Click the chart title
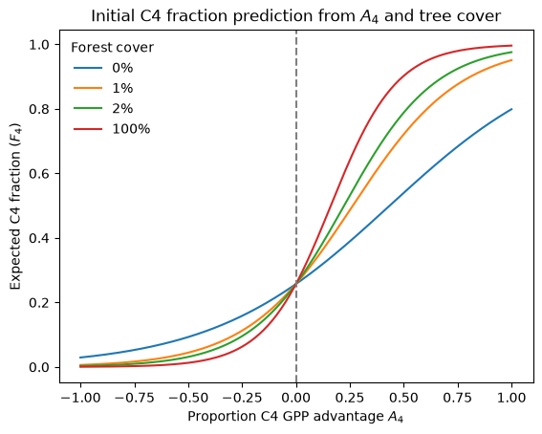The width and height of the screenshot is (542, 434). (x=296, y=16)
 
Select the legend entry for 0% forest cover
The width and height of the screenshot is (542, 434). (x=103, y=68)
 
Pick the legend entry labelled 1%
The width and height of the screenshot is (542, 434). (x=103, y=88)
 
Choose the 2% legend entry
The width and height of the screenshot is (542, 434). (x=103, y=109)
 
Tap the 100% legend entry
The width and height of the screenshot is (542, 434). (x=112, y=129)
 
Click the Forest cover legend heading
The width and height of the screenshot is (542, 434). (x=113, y=48)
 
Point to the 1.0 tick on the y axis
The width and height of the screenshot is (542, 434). (x=40, y=45)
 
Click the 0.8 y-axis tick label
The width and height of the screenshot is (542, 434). (x=40, y=109)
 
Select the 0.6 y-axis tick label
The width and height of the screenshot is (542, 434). (x=40, y=174)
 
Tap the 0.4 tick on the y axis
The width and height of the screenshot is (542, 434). (x=40, y=238)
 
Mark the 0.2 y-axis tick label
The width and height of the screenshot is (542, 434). (x=40, y=303)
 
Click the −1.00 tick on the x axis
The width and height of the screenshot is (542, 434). (x=80, y=398)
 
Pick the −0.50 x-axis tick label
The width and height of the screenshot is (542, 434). (x=188, y=398)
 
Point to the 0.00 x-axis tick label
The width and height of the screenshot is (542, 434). (x=296, y=398)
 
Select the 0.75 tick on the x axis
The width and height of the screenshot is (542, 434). (x=458, y=398)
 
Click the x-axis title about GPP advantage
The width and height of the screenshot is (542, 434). (x=295, y=417)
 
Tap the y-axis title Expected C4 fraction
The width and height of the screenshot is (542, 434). (x=15, y=206)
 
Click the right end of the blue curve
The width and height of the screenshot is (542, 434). (x=511, y=109)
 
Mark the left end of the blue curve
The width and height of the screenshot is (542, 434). (x=80, y=358)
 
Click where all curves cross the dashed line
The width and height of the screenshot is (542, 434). (x=296, y=283)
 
